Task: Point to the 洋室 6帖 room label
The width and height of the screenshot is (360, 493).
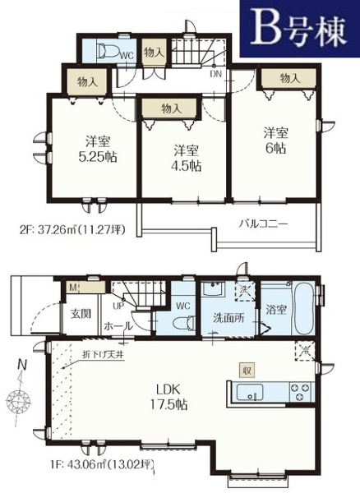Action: tap(276, 140)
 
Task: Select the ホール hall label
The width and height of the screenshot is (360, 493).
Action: tap(114, 325)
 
